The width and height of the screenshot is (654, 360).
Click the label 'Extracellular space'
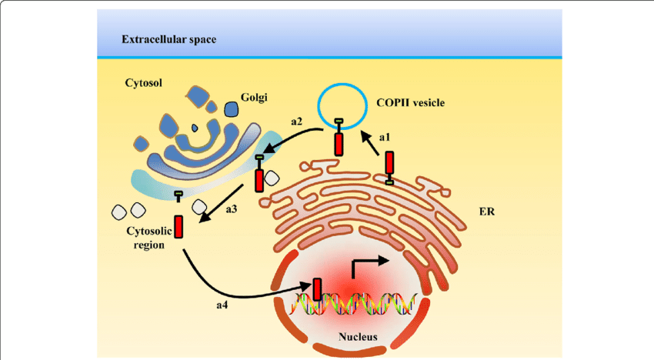169,38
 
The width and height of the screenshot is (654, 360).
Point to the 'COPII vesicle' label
411,102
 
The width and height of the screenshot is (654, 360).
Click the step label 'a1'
385,137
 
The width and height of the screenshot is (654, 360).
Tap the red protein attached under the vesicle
339,143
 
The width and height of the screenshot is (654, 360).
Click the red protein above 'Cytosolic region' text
179,226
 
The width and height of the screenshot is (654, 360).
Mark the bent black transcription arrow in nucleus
365,267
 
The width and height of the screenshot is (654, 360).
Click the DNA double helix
354,303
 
